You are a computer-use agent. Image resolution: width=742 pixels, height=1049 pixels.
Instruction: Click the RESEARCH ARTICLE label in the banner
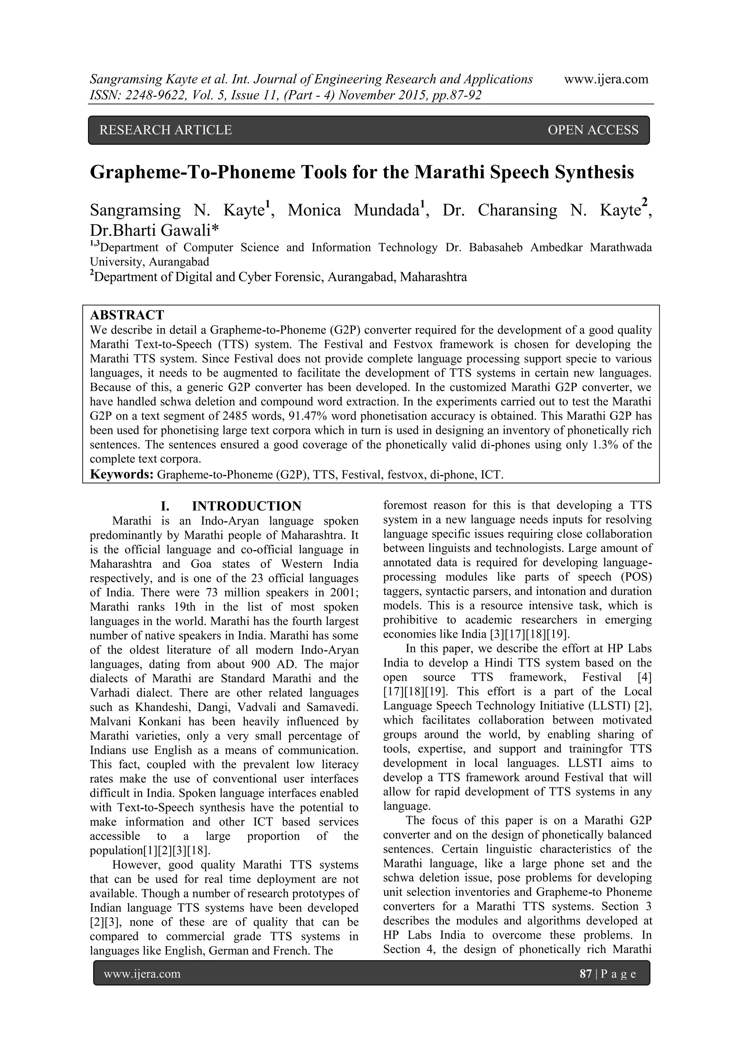coord(166,130)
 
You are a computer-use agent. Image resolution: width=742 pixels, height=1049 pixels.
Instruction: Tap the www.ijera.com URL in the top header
coord(606,79)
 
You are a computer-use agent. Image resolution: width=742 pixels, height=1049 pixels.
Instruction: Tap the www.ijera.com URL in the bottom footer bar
coord(142,974)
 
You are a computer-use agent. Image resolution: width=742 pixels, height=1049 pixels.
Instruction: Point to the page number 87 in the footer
coord(585,974)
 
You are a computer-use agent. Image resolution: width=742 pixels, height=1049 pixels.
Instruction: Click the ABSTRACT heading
coord(127,315)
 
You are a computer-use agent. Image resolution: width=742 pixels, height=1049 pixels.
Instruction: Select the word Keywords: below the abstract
coord(122,474)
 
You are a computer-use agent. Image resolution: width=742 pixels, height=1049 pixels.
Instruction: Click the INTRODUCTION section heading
coord(246,506)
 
